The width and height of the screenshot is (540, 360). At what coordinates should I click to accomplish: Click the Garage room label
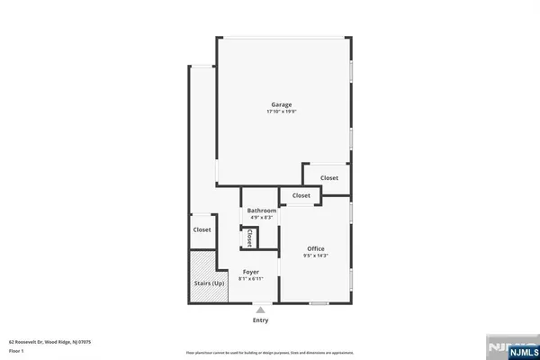click(x=283, y=104)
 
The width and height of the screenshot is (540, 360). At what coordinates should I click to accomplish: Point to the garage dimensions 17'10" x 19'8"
click(x=283, y=112)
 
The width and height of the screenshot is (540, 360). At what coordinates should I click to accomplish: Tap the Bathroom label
click(x=262, y=211)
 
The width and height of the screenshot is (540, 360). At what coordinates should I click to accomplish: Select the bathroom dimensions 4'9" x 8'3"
click(x=262, y=218)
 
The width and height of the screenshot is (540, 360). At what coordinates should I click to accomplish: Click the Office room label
click(x=315, y=248)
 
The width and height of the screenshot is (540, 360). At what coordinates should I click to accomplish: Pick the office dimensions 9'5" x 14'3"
click(x=315, y=256)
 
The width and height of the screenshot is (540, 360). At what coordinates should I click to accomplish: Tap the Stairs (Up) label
click(x=208, y=283)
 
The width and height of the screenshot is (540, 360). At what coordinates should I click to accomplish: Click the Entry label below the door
click(x=261, y=319)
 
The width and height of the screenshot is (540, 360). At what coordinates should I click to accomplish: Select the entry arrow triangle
click(x=261, y=310)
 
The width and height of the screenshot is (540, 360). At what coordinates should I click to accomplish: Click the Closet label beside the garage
click(x=329, y=178)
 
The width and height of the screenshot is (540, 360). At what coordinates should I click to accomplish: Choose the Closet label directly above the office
click(x=301, y=195)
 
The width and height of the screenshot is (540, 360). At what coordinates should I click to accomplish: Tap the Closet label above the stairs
click(x=202, y=229)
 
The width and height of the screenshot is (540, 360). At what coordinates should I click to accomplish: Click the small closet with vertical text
click(x=249, y=238)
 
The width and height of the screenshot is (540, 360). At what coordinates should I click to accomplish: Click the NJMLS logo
click(x=509, y=347)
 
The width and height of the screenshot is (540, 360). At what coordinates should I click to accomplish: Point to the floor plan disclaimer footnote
click(x=270, y=352)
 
